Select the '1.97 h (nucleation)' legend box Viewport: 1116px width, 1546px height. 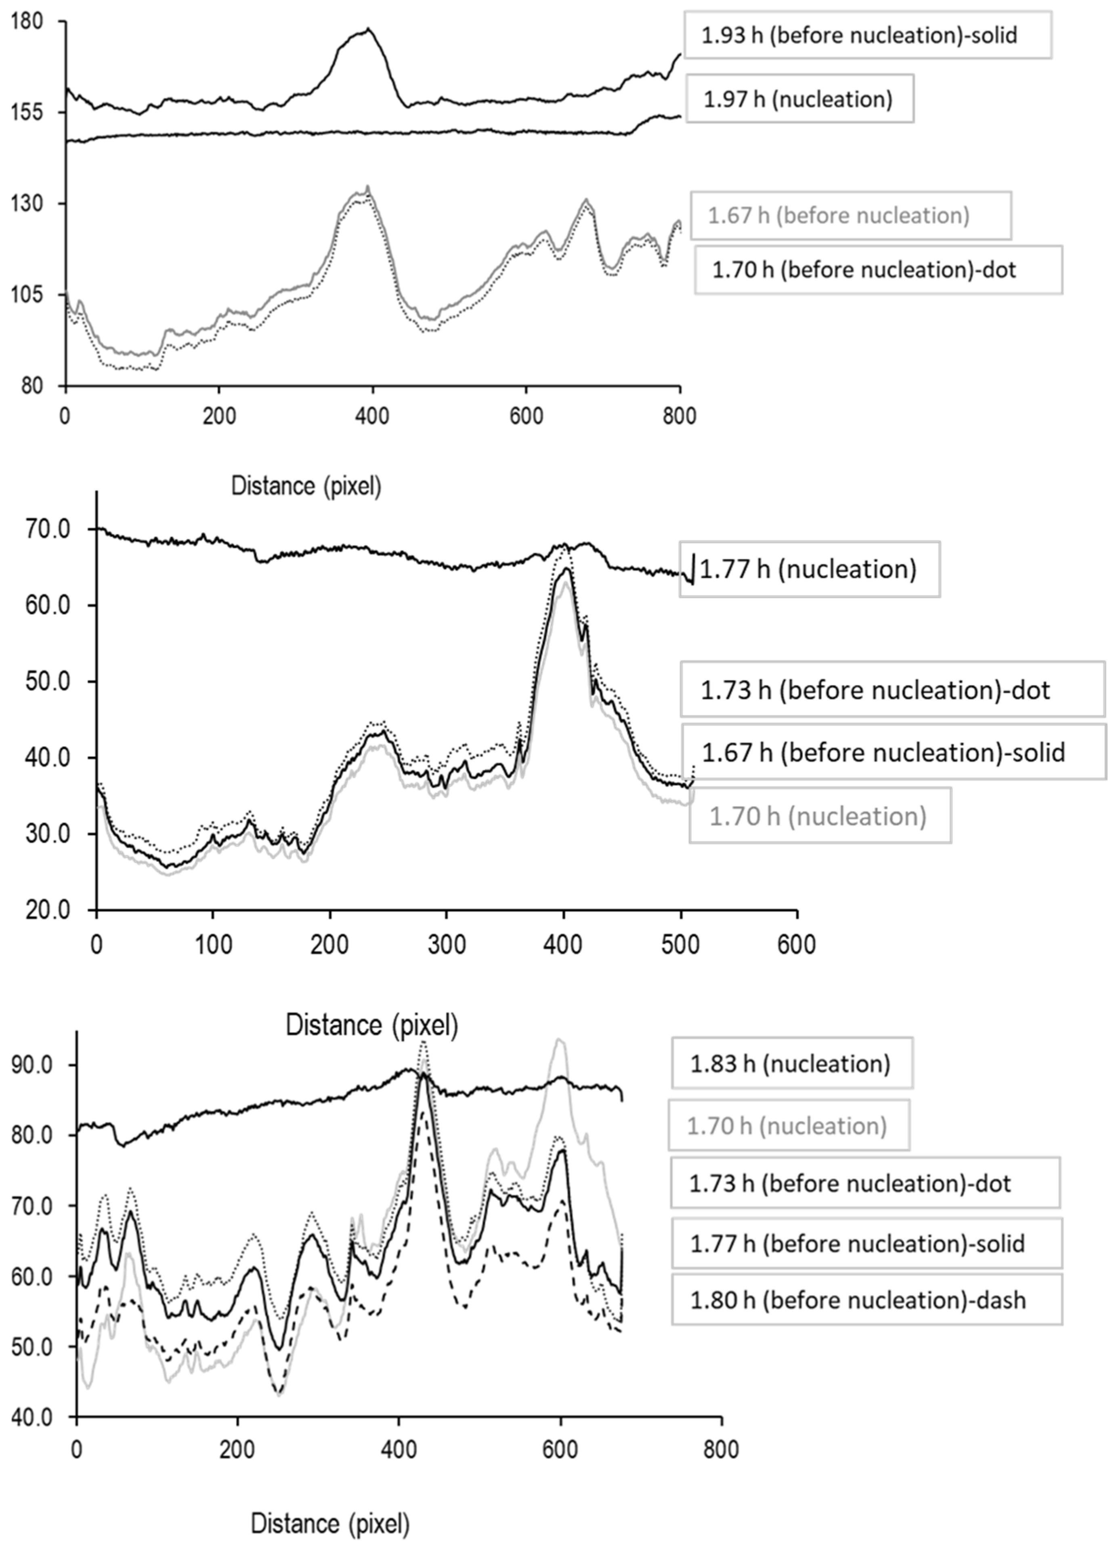pos(798,99)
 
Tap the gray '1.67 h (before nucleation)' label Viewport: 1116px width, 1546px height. pos(838,215)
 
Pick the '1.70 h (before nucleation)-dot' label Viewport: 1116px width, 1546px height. pos(864,270)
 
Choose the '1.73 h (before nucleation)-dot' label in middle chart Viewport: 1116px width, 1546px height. pos(875,690)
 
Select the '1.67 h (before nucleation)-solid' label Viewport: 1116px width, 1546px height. pos(883,752)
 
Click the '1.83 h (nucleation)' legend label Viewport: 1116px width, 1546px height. pos(790,1063)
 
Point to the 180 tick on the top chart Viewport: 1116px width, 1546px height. pos(27,22)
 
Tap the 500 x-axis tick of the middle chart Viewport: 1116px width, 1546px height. pos(681,945)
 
